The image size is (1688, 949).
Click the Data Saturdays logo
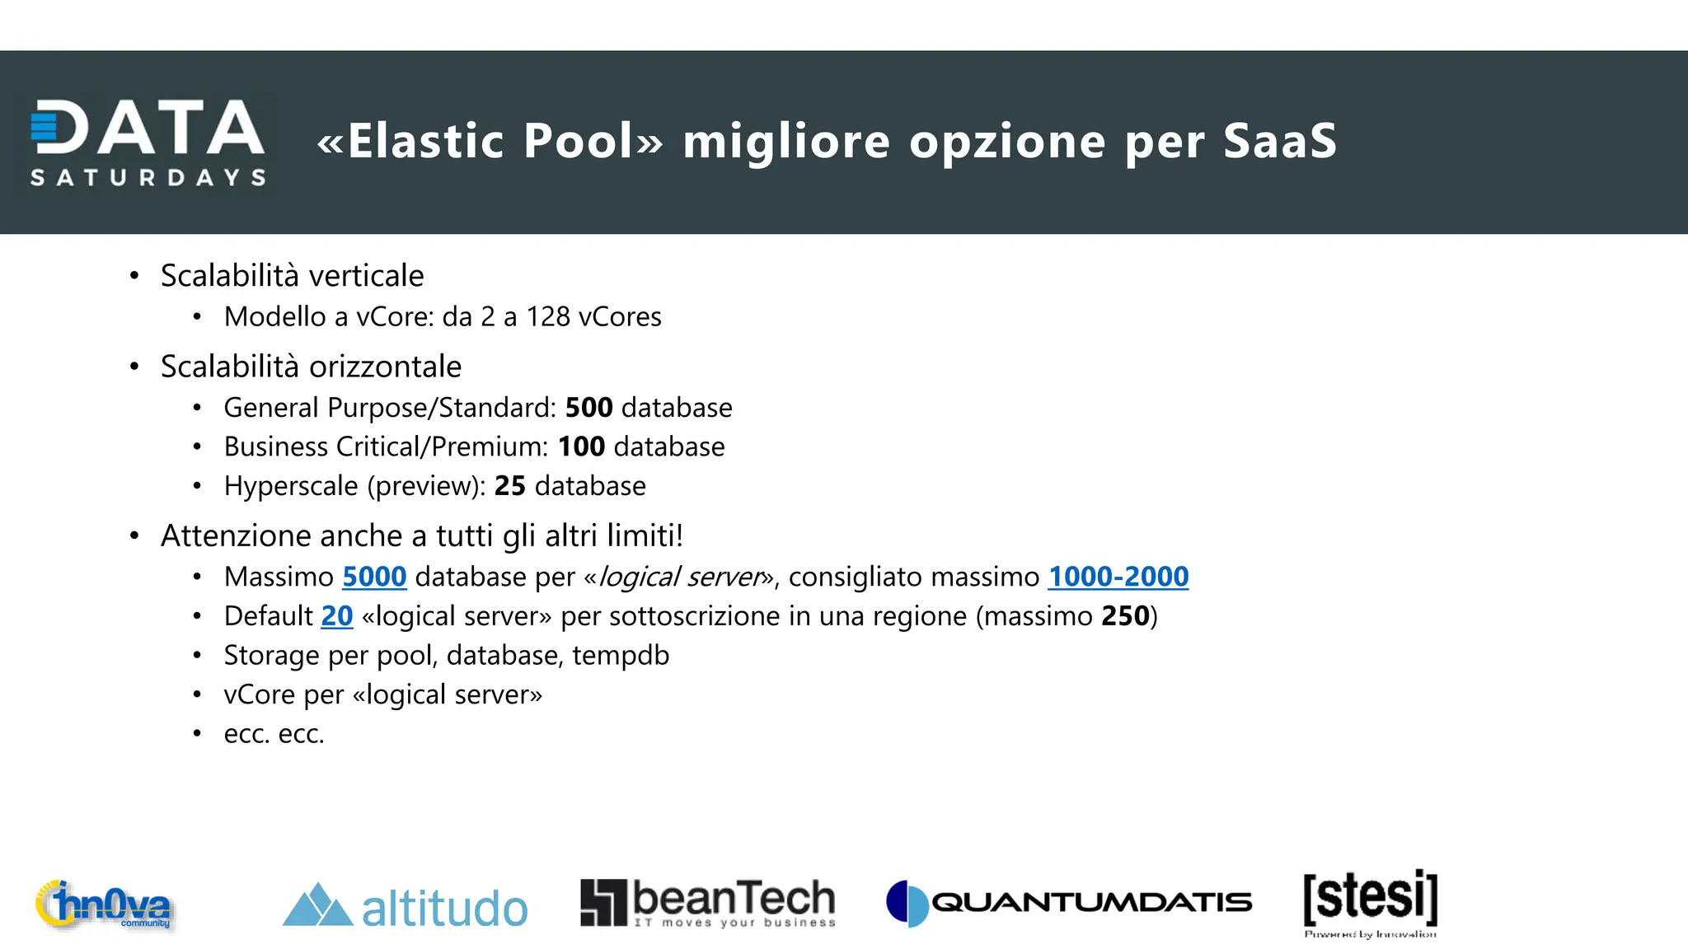(148, 142)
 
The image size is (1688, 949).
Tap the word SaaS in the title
(1279, 141)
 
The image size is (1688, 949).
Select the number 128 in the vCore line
(548, 317)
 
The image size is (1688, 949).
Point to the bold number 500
(588, 408)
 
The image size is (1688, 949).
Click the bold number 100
(581, 446)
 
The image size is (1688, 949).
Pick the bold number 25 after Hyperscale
(509, 486)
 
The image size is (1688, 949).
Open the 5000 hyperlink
(374, 577)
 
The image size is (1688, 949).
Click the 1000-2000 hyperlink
(1118, 577)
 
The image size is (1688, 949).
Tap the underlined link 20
(336, 616)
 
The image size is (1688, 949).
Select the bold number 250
(1125, 616)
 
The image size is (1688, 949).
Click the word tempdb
(621, 656)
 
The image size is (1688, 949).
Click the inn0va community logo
(104, 905)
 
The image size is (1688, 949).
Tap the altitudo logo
(405, 906)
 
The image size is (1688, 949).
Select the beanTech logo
(707, 903)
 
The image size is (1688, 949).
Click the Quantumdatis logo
(1068, 903)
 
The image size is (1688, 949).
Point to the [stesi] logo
(1370, 901)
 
